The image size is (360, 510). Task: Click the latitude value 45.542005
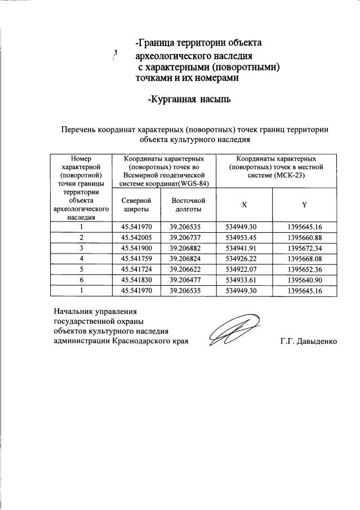pos(137,237)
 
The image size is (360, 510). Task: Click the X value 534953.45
pos(245,237)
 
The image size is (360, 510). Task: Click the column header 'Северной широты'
pos(137,204)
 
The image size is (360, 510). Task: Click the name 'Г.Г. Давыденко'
pos(308,342)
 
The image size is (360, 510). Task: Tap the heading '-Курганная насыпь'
pos(189,100)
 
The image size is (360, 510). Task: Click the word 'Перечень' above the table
pos(79,129)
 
